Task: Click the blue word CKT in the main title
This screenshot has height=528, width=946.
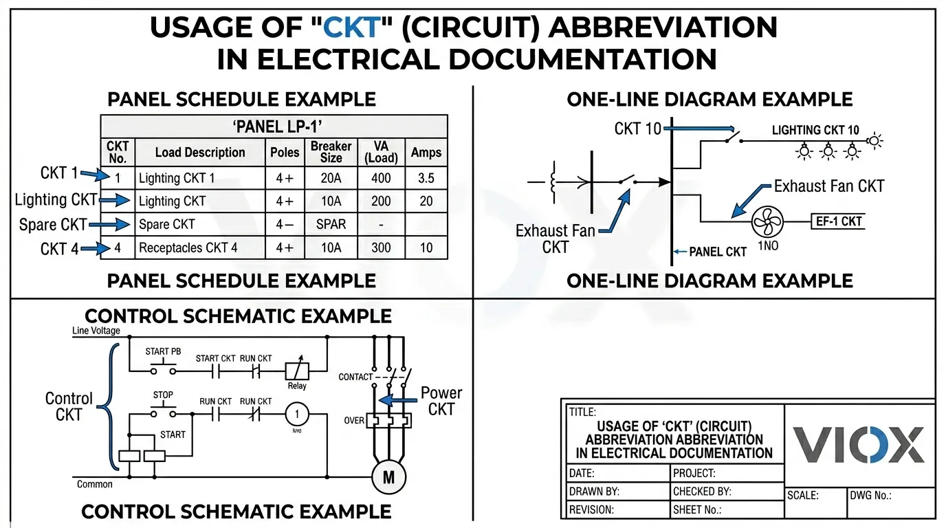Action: (352, 28)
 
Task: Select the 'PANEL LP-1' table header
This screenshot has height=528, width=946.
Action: (274, 127)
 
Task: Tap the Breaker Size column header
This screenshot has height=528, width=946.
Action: (331, 152)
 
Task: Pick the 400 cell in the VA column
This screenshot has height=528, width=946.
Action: (381, 178)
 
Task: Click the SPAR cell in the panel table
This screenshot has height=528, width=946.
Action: (331, 225)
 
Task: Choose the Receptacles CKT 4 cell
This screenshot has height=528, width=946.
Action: (188, 247)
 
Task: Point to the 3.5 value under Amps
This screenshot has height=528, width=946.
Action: (426, 178)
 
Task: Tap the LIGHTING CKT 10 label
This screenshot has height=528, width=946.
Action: (815, 130)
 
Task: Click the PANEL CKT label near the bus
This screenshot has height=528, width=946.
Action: (717, 252)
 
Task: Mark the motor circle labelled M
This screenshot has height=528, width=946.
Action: (388, 476)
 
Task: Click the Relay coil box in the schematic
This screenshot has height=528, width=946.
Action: (297, 371)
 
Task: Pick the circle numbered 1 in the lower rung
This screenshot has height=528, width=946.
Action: (297, 415)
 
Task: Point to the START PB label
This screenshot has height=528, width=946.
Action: (163, 351)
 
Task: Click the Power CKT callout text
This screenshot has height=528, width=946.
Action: (441, 401)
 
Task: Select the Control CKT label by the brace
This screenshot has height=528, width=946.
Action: (69, 406)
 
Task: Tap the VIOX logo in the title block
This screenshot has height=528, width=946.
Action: (859, 445)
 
